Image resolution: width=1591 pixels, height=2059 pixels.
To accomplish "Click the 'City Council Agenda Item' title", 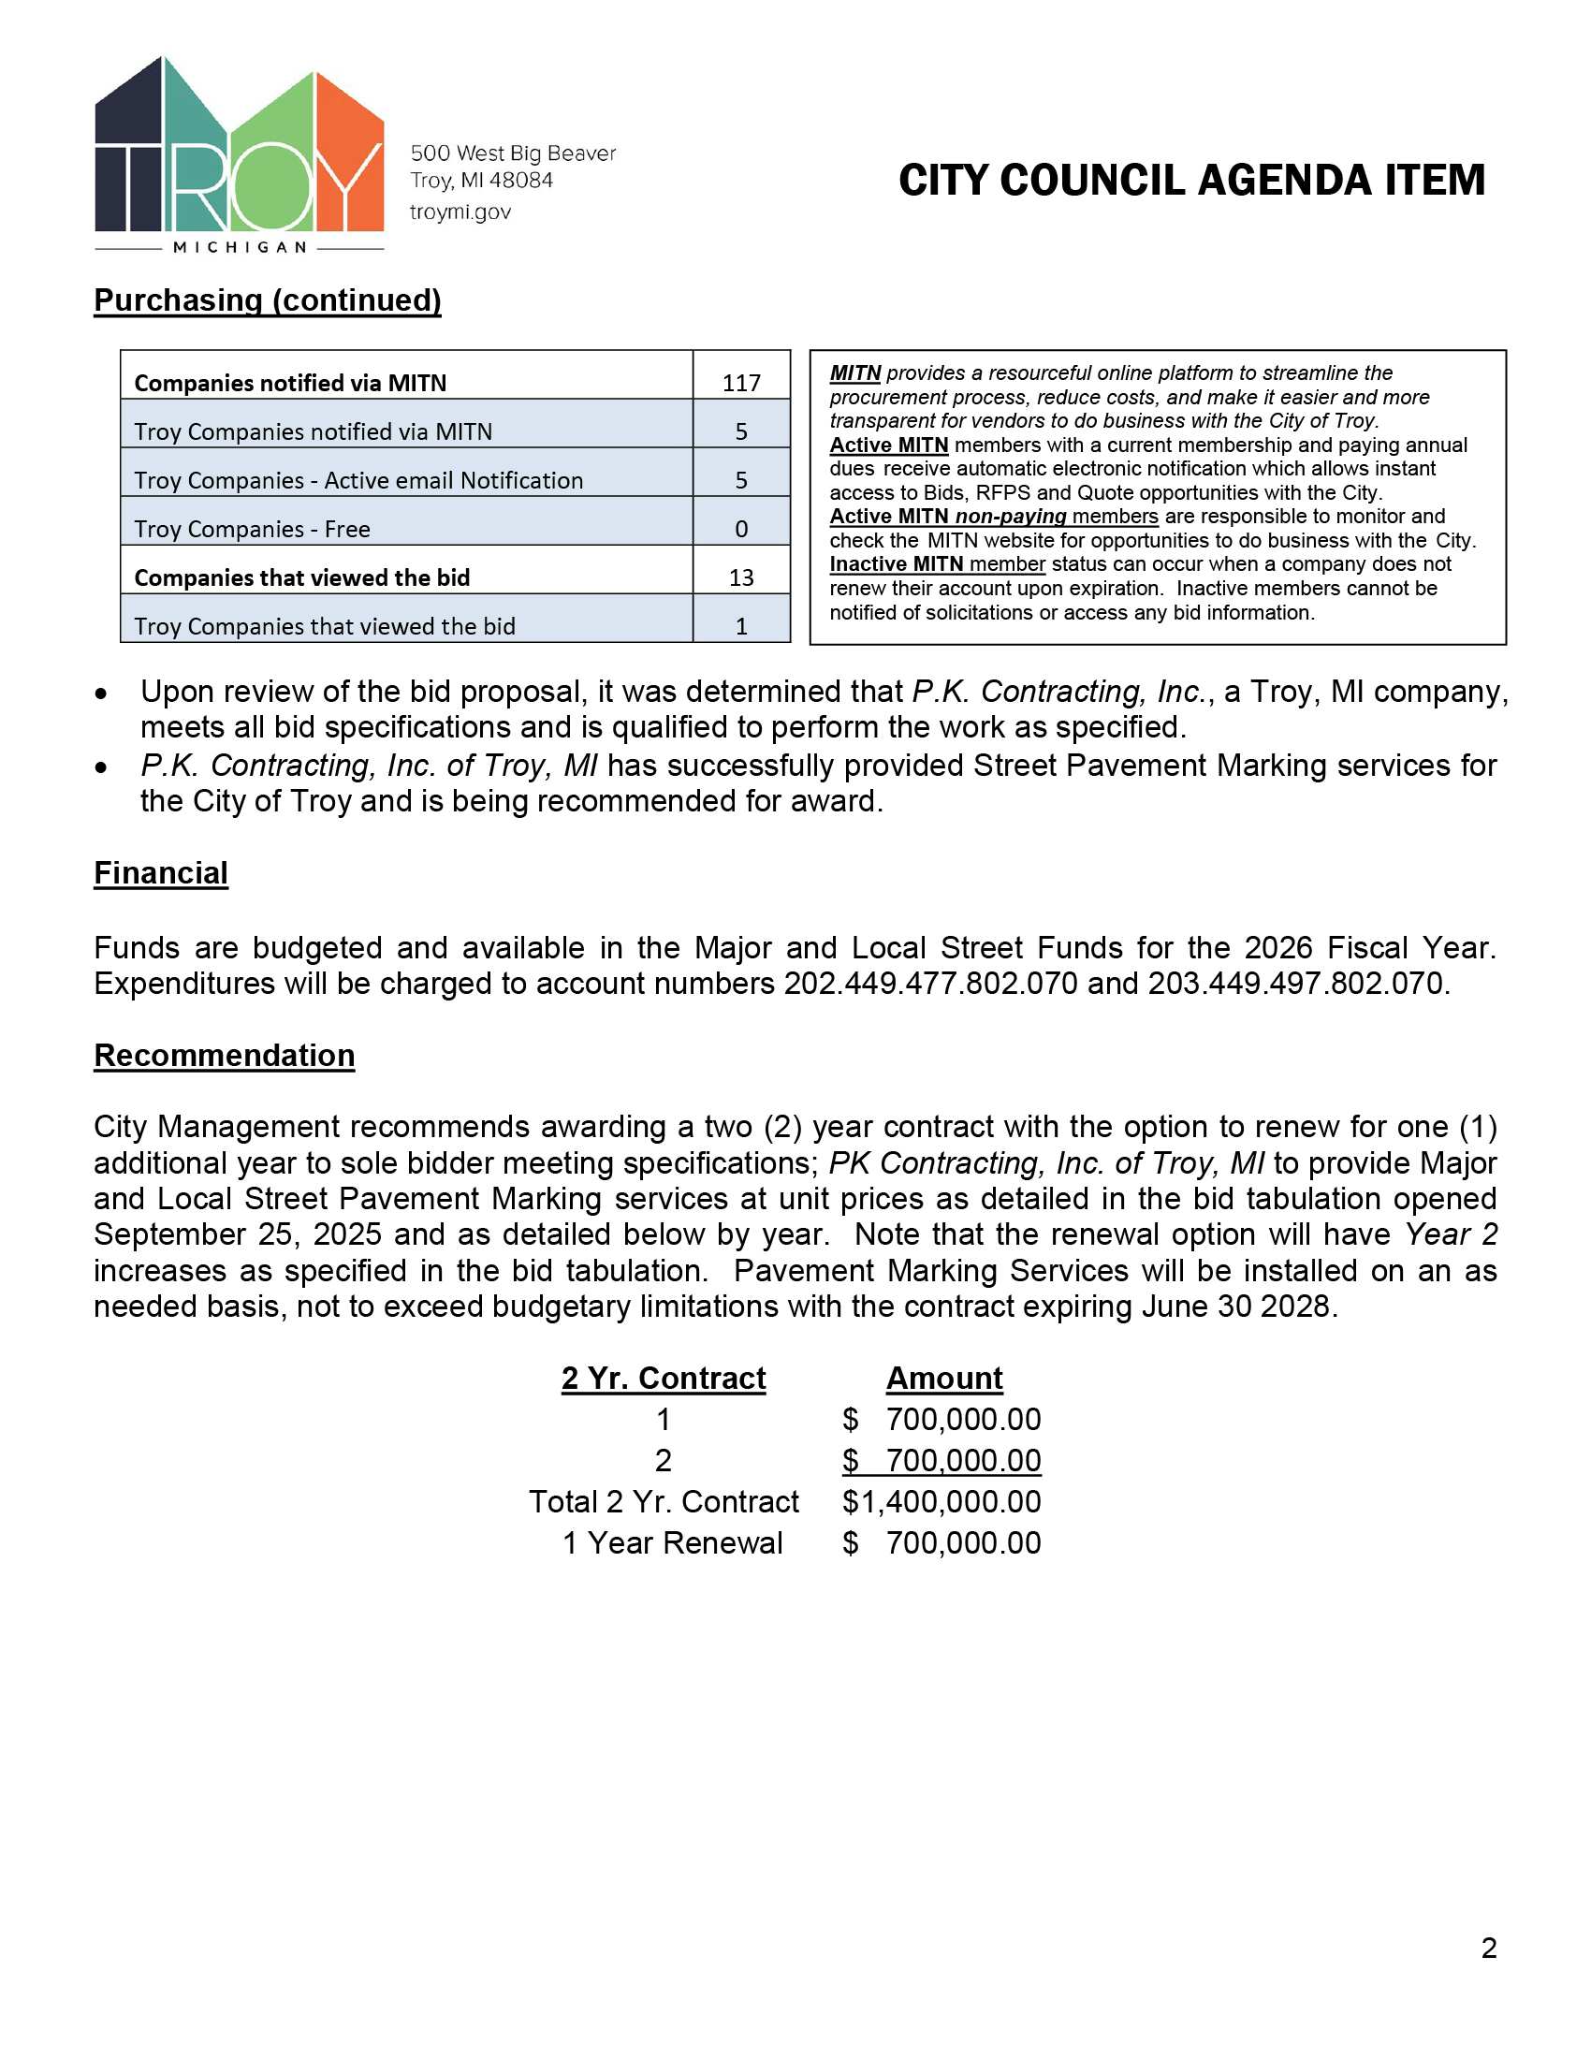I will point(1191,180).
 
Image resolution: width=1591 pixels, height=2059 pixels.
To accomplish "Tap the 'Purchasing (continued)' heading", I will point(268,299).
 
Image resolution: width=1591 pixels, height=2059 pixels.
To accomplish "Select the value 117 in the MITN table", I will point(741,383).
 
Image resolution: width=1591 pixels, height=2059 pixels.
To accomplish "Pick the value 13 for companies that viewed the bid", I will point(741,577).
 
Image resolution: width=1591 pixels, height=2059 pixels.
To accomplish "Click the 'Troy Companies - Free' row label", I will point(252,529).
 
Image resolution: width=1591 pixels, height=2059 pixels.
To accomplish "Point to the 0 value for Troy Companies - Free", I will point(741,529).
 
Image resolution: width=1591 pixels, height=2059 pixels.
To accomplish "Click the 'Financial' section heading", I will point(160,873).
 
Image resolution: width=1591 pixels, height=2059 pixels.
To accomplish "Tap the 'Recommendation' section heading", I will point(225,1055).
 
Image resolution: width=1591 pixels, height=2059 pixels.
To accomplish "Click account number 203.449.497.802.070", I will point(1295,984).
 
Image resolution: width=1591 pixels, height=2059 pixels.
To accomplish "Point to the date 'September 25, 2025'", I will point(238,1234).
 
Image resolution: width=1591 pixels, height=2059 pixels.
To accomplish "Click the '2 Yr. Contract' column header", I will point(664,1379).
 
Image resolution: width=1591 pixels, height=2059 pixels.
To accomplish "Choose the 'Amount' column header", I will point(943,1379).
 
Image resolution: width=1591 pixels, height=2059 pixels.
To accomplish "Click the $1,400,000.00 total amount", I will point(941,1502).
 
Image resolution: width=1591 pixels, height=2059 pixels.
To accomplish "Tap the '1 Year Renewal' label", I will point(672,1543).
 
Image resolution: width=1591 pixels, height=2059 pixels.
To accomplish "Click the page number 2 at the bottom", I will point(1488,1948).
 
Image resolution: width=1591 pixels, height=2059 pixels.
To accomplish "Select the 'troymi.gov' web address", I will point(460,212).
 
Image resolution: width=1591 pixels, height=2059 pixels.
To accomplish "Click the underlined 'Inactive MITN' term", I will point(896,563).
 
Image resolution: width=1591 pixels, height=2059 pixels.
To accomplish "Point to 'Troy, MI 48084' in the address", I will point(482,180).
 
